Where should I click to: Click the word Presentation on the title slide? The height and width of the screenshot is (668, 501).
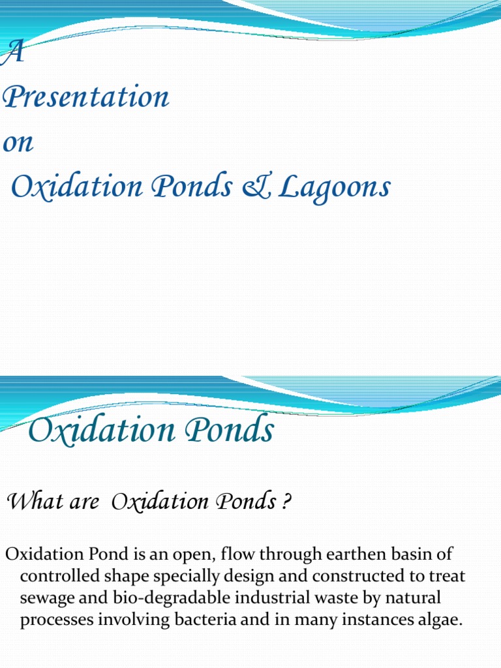(86, 99)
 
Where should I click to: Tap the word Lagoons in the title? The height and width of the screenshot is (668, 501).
(335, 188)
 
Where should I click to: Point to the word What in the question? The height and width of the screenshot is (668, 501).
(33, 502)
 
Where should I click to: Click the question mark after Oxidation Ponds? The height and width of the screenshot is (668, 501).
(286, 502)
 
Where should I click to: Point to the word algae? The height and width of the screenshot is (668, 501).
(439, 619)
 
